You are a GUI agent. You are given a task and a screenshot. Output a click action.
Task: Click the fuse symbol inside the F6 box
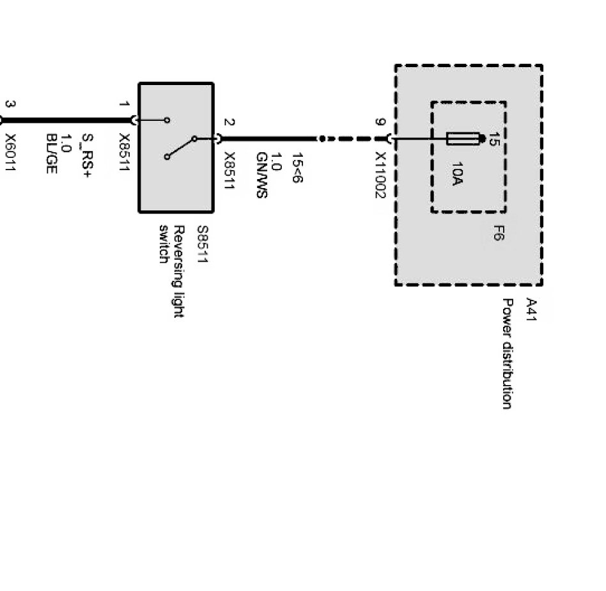coord(463,139)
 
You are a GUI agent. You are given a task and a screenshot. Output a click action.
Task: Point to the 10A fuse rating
coord(457,173)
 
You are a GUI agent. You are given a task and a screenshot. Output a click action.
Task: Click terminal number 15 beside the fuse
coord(493,139)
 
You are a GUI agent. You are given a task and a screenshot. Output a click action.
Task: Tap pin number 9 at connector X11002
coord(381,122)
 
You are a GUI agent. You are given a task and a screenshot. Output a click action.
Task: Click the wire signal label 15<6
coord(297,168)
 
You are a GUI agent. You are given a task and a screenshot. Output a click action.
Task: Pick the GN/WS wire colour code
coord(260,175)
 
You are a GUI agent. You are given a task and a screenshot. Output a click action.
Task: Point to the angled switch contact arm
coord(180,147)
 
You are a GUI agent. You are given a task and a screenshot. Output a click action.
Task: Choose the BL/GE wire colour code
coord(52,153)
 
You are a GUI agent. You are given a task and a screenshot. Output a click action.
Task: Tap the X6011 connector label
coord(11,153)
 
